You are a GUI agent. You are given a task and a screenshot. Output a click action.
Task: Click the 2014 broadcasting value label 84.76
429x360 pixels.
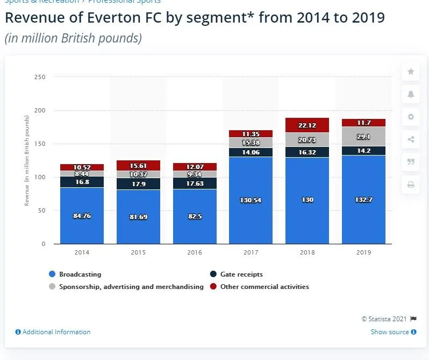click(x=82, y=216)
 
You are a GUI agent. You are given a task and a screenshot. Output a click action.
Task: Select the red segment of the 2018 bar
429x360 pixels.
click(x=307, y=125)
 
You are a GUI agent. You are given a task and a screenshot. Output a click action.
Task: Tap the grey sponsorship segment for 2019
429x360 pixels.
click(x=363, y=137)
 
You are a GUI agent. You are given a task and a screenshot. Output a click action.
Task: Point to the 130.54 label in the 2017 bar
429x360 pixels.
click(x=251, y=200)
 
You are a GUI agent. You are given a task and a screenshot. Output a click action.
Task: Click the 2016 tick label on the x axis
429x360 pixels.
click(x=195, y=252)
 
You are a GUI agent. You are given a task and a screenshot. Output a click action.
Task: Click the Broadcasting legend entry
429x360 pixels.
click(x=80, y=274)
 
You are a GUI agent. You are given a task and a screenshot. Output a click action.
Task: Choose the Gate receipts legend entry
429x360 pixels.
click(x=240, y=274)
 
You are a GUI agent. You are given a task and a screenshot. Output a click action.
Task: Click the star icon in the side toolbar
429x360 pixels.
click(x=411, y=71)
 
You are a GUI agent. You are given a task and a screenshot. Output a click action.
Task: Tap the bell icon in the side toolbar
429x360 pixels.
click(x=411, y=94)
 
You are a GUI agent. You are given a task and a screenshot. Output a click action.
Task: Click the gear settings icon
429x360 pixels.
click(x=411, y=117)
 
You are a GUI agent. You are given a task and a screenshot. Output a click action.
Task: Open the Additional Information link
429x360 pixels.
click(x=56, y=332)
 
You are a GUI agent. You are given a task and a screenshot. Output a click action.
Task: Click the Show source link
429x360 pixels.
click(x=390, y=332)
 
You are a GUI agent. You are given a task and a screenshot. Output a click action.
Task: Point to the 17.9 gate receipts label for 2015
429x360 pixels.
click(x=139, y=183)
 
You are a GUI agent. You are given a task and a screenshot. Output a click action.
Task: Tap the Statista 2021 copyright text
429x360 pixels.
click(x=385, y=319)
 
